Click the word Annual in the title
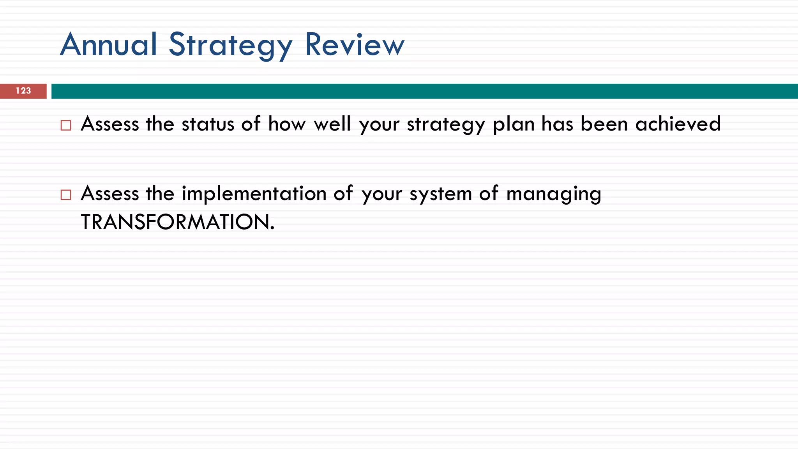tap(109, 44)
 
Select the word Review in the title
tap(355, 44)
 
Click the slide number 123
tap(23, 91)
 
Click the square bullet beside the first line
tap(66, 125)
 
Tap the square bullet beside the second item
tap(66, 194)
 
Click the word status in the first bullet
tap(208, 124)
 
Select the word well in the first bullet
tap(332, 124)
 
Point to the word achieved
tap(678, 124)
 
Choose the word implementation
tap(254, 194)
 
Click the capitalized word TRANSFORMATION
tap(177, 222)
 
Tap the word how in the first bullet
tap(286, 124)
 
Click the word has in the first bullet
tap(558, 124)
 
